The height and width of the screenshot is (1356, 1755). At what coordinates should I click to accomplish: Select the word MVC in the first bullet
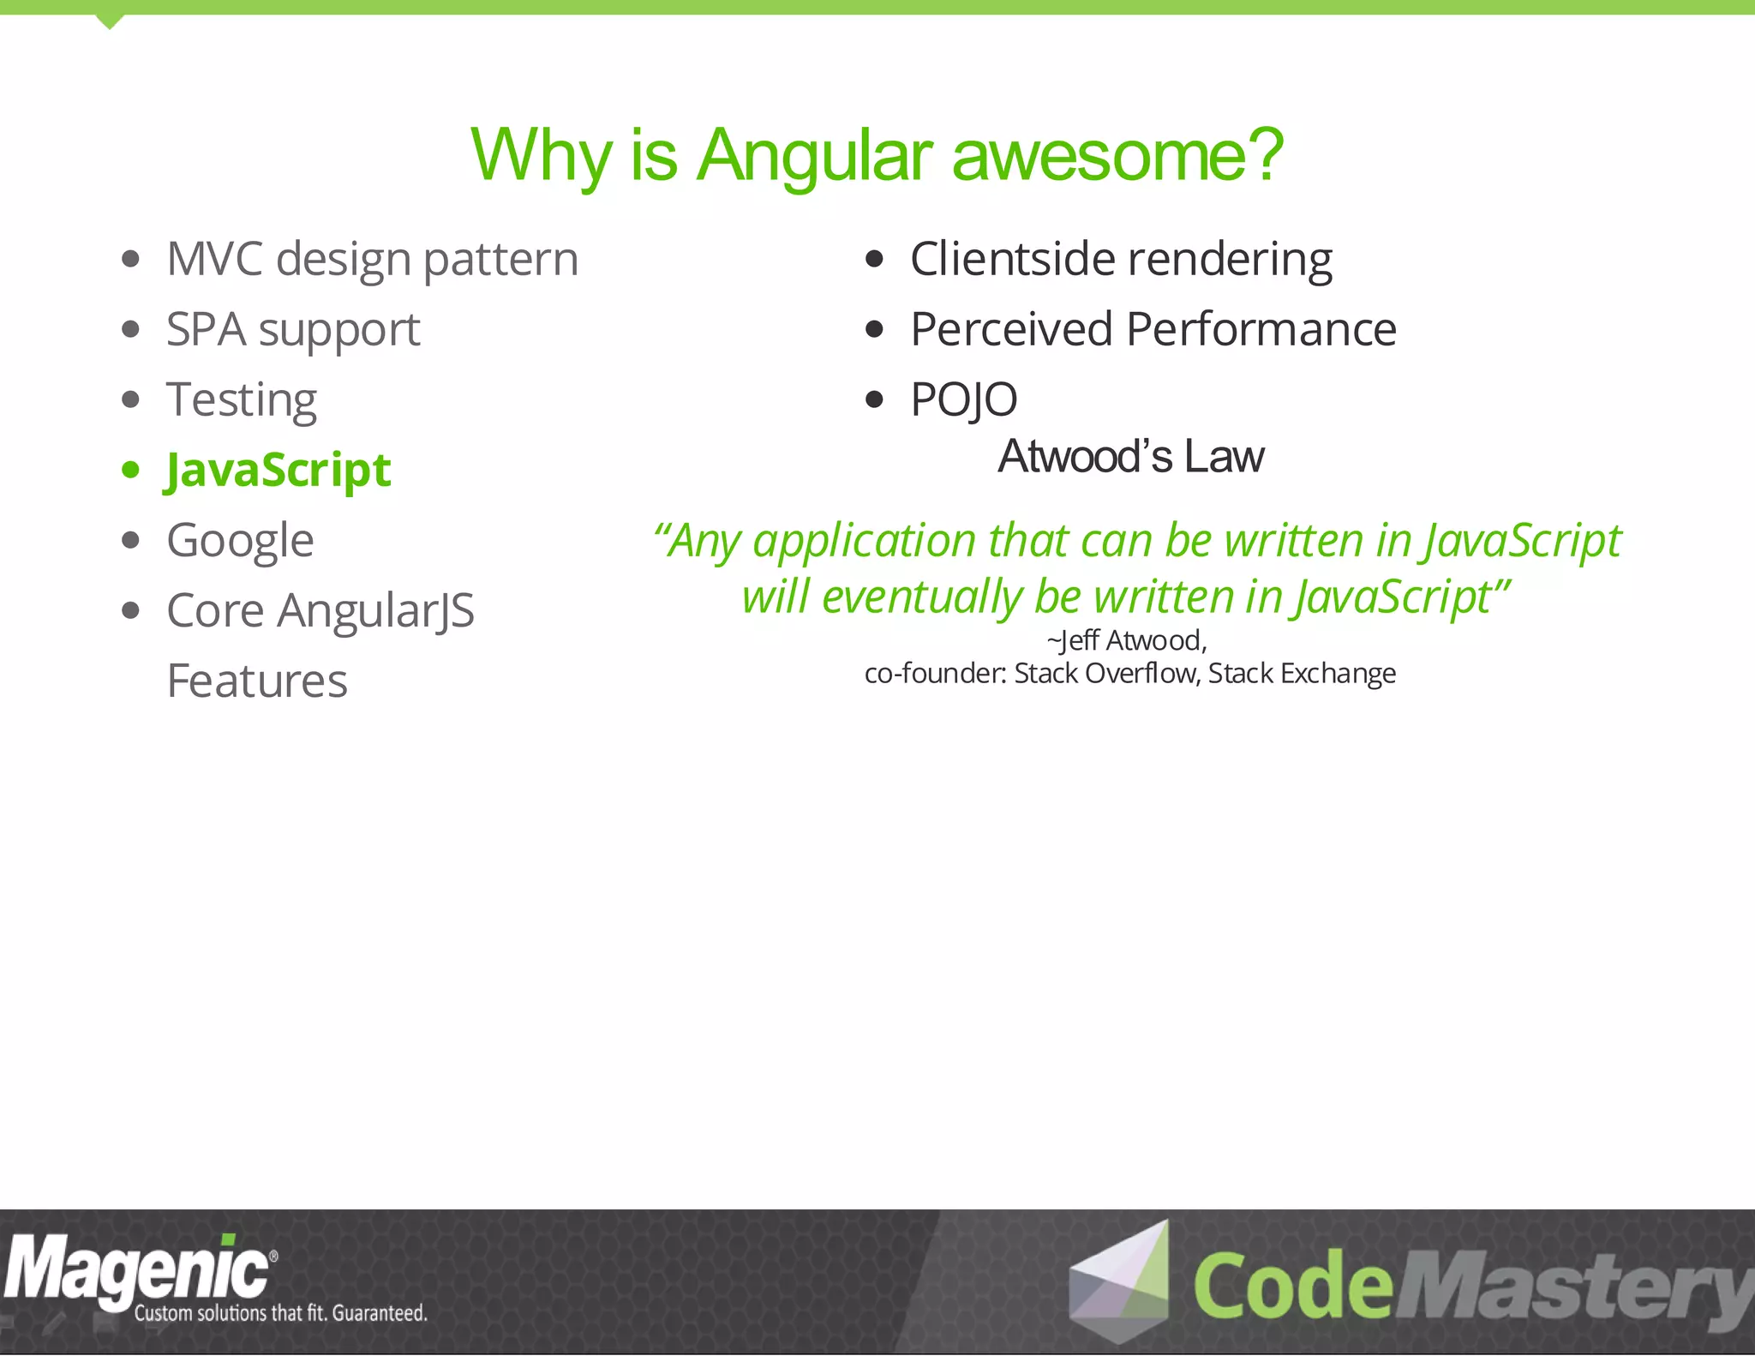214,259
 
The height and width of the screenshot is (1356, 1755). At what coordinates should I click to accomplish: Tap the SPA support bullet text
293,330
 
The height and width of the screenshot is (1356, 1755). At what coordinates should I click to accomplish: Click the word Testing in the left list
242,400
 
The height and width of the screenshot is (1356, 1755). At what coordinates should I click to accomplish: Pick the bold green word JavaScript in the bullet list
279,471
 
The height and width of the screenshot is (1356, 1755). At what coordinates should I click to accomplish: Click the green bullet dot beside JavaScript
130,470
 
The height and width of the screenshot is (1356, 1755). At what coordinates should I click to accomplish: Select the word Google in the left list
240,541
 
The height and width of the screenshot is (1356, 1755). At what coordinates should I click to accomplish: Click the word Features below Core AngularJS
257,681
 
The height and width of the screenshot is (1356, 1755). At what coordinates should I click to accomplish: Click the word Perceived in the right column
1011,330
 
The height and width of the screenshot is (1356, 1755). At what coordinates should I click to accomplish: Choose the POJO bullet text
963,400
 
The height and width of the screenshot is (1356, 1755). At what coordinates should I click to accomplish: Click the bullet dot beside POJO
873,399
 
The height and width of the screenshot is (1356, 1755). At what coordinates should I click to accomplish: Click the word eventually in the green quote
921,597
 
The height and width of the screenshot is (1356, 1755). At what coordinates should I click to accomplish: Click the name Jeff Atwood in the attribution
1131,641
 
